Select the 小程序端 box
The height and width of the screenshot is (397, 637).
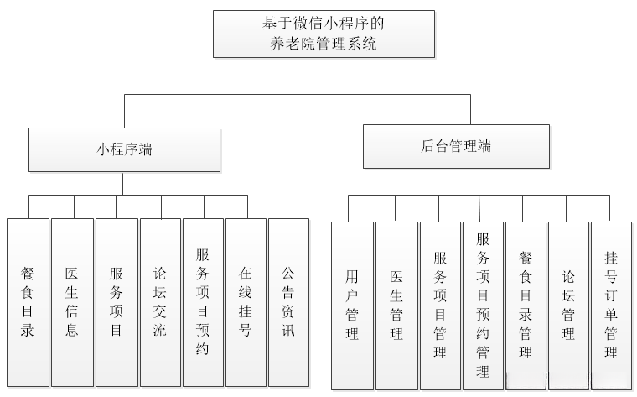point(124,149)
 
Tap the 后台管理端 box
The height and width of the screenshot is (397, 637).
point(456,146)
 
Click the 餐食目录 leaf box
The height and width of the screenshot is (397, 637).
point(28,301)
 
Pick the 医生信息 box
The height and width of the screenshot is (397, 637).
point(72,301)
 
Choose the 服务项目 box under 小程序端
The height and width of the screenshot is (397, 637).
point(117,301)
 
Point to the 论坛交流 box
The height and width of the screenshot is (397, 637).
point(160,301)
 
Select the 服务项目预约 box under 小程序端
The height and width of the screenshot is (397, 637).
point(203,301)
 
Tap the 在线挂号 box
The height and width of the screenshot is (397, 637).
point(246,301)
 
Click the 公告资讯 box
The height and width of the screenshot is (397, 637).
point(288,301)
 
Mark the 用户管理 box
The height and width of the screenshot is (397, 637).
point(352,305)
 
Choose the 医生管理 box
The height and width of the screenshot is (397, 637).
point(396,305)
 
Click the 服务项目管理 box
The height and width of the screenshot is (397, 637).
point(440,305)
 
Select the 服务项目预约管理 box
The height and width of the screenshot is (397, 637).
point(483,305)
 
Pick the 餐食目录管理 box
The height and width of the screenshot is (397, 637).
point(526,305)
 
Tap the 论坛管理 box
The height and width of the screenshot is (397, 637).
point(568,305)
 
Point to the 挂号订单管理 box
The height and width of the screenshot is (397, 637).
point(611,305)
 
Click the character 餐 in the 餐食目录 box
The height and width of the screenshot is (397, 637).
point(28,274)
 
